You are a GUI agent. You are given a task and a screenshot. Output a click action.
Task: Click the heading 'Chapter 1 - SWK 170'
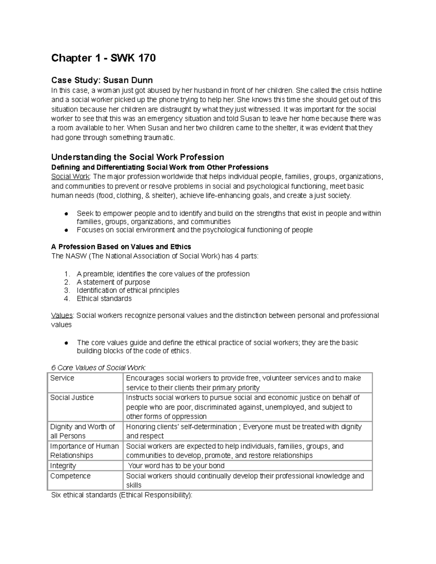pos(103,58)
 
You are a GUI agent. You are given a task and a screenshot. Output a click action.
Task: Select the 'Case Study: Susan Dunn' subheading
pos(102,80)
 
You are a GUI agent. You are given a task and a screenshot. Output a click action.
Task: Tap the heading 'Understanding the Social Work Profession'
pos(137,157)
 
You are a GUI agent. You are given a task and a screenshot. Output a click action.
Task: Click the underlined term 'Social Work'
pos(71,177)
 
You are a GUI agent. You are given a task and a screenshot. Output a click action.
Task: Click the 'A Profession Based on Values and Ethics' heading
pos(121,247)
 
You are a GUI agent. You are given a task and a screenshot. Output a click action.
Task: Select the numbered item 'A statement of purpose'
pos(113,282)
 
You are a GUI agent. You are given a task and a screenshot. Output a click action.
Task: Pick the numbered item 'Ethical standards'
pos(104,299)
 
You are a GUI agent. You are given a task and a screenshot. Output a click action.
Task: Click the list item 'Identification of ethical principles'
pos(128,290)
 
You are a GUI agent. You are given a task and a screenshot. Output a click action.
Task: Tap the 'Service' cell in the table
pos(62,378)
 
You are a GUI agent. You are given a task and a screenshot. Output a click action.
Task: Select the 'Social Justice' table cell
pos(72,398)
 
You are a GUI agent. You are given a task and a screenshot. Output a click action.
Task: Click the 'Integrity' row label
pos(63,466)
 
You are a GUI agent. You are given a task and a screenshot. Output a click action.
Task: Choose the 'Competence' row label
pos(70,476)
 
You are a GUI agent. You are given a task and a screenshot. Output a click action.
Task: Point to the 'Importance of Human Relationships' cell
pos(84,451)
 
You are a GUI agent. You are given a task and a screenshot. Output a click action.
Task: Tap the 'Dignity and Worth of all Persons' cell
pos(82,431)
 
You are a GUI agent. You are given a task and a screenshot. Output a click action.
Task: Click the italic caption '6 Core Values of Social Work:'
pos(98,368)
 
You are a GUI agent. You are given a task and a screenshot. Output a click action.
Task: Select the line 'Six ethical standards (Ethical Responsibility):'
pos(122,495)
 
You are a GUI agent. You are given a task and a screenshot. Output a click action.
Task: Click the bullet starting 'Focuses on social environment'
pos(194,230)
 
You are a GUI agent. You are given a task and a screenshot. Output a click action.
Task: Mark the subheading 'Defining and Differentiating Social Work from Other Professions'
pos(160,167)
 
